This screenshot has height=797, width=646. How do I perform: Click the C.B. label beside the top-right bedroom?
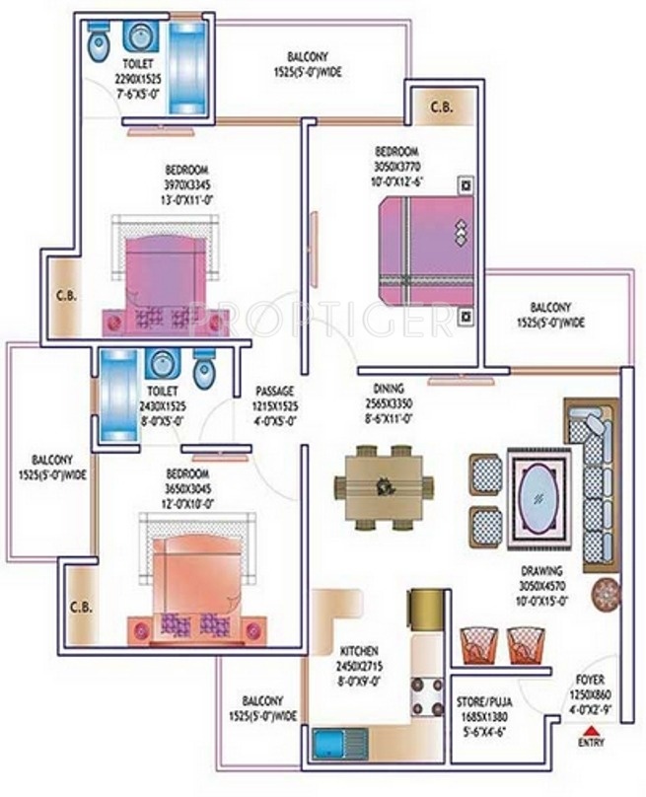[x=440, y=108]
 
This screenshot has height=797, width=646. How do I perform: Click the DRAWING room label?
[x=542, y=570]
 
